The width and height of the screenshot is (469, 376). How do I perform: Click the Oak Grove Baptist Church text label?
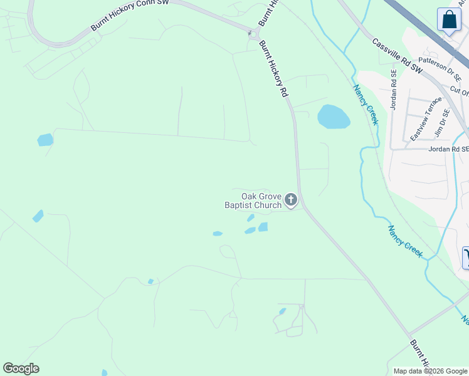pos(253,201)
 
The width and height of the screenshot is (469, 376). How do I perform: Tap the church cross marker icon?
pos(290,200)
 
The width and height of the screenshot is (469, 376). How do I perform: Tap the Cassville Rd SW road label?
pos(398,56)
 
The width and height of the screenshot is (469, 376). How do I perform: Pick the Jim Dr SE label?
pos(443,122)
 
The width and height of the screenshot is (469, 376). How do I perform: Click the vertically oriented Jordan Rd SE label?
pos(394,89)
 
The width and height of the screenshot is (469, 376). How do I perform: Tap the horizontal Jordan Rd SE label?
pos(448,149)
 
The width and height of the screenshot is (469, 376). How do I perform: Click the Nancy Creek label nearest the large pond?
pos(366,105)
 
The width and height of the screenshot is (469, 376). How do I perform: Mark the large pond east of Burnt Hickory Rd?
pos(334,117)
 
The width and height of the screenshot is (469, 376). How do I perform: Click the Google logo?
pos(21,368)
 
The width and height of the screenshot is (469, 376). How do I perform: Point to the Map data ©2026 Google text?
pos(430,371)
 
